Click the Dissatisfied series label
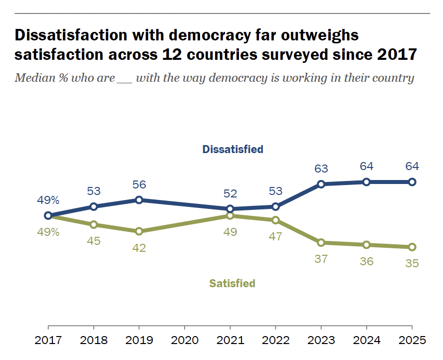point(232,149)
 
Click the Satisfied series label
point(232,284)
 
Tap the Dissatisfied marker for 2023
point(321,184)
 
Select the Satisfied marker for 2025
point(412,247)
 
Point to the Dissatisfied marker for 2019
point(139,200)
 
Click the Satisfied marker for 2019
point(139,231)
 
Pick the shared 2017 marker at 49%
point(48,215)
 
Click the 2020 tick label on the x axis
point(185,341)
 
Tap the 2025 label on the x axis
point(412,341)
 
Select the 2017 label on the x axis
point(48,341)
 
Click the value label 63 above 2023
point(321,168)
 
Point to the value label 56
point(139,184)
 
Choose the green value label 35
point(412,263)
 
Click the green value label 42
point(139,248)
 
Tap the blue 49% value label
point(48,200)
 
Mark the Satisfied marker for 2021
point(230,216)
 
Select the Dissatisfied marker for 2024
point(366,182)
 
